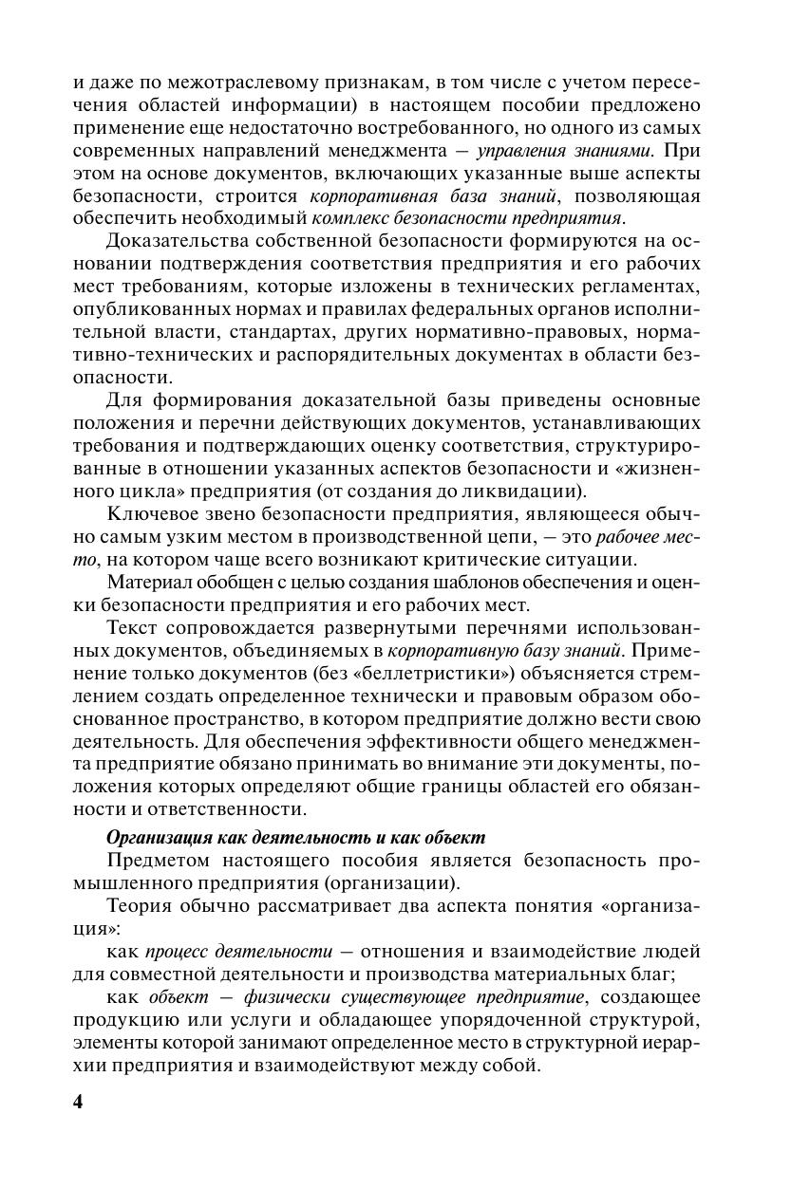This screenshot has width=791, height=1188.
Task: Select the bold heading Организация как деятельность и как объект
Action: [296, 838]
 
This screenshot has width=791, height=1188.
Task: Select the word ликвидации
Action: [528, 491]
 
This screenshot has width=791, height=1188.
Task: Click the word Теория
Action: [139, 905]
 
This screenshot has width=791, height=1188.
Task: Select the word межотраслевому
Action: [213, 83]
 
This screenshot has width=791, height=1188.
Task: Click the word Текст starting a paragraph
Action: [133, 628]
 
